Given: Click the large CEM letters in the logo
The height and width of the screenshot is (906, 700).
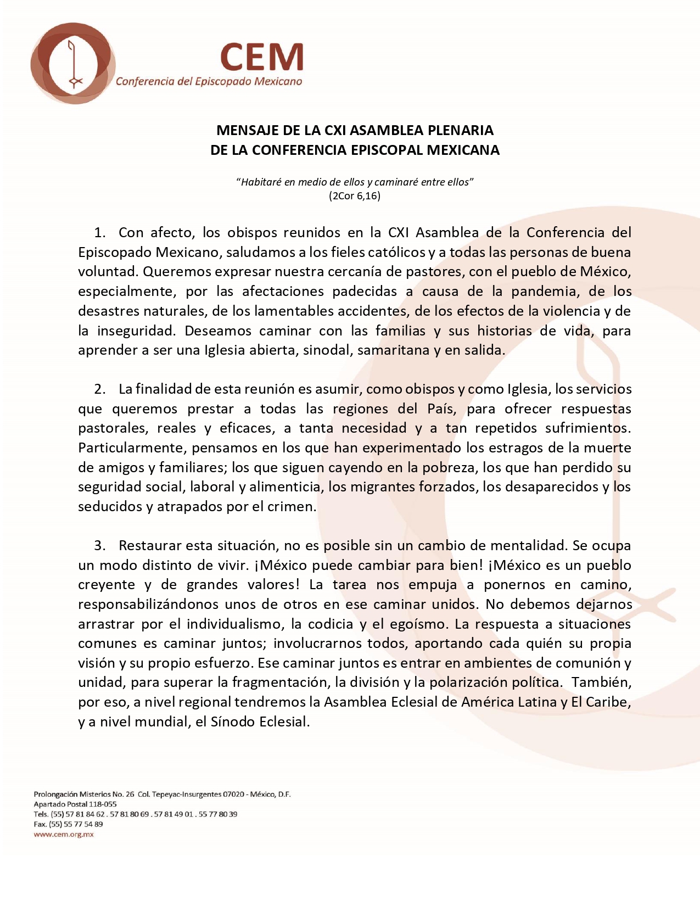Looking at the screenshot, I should click(x=262, y=57).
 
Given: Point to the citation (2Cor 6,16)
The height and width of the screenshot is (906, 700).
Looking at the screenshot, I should click(x=355, y=195).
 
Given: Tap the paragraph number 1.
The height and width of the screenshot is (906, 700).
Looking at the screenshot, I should click(x=99, y=232).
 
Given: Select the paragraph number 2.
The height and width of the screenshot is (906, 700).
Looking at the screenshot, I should click(x=99, y=389).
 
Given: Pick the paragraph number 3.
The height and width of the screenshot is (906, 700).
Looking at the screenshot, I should click(x=99, y=545).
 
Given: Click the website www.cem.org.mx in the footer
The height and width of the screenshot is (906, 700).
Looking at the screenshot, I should click(x=64, y=834).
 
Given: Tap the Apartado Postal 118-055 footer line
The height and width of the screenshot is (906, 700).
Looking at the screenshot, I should click(x=75, y=804).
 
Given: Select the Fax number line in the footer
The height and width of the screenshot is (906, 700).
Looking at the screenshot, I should click(x=68, y=824).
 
